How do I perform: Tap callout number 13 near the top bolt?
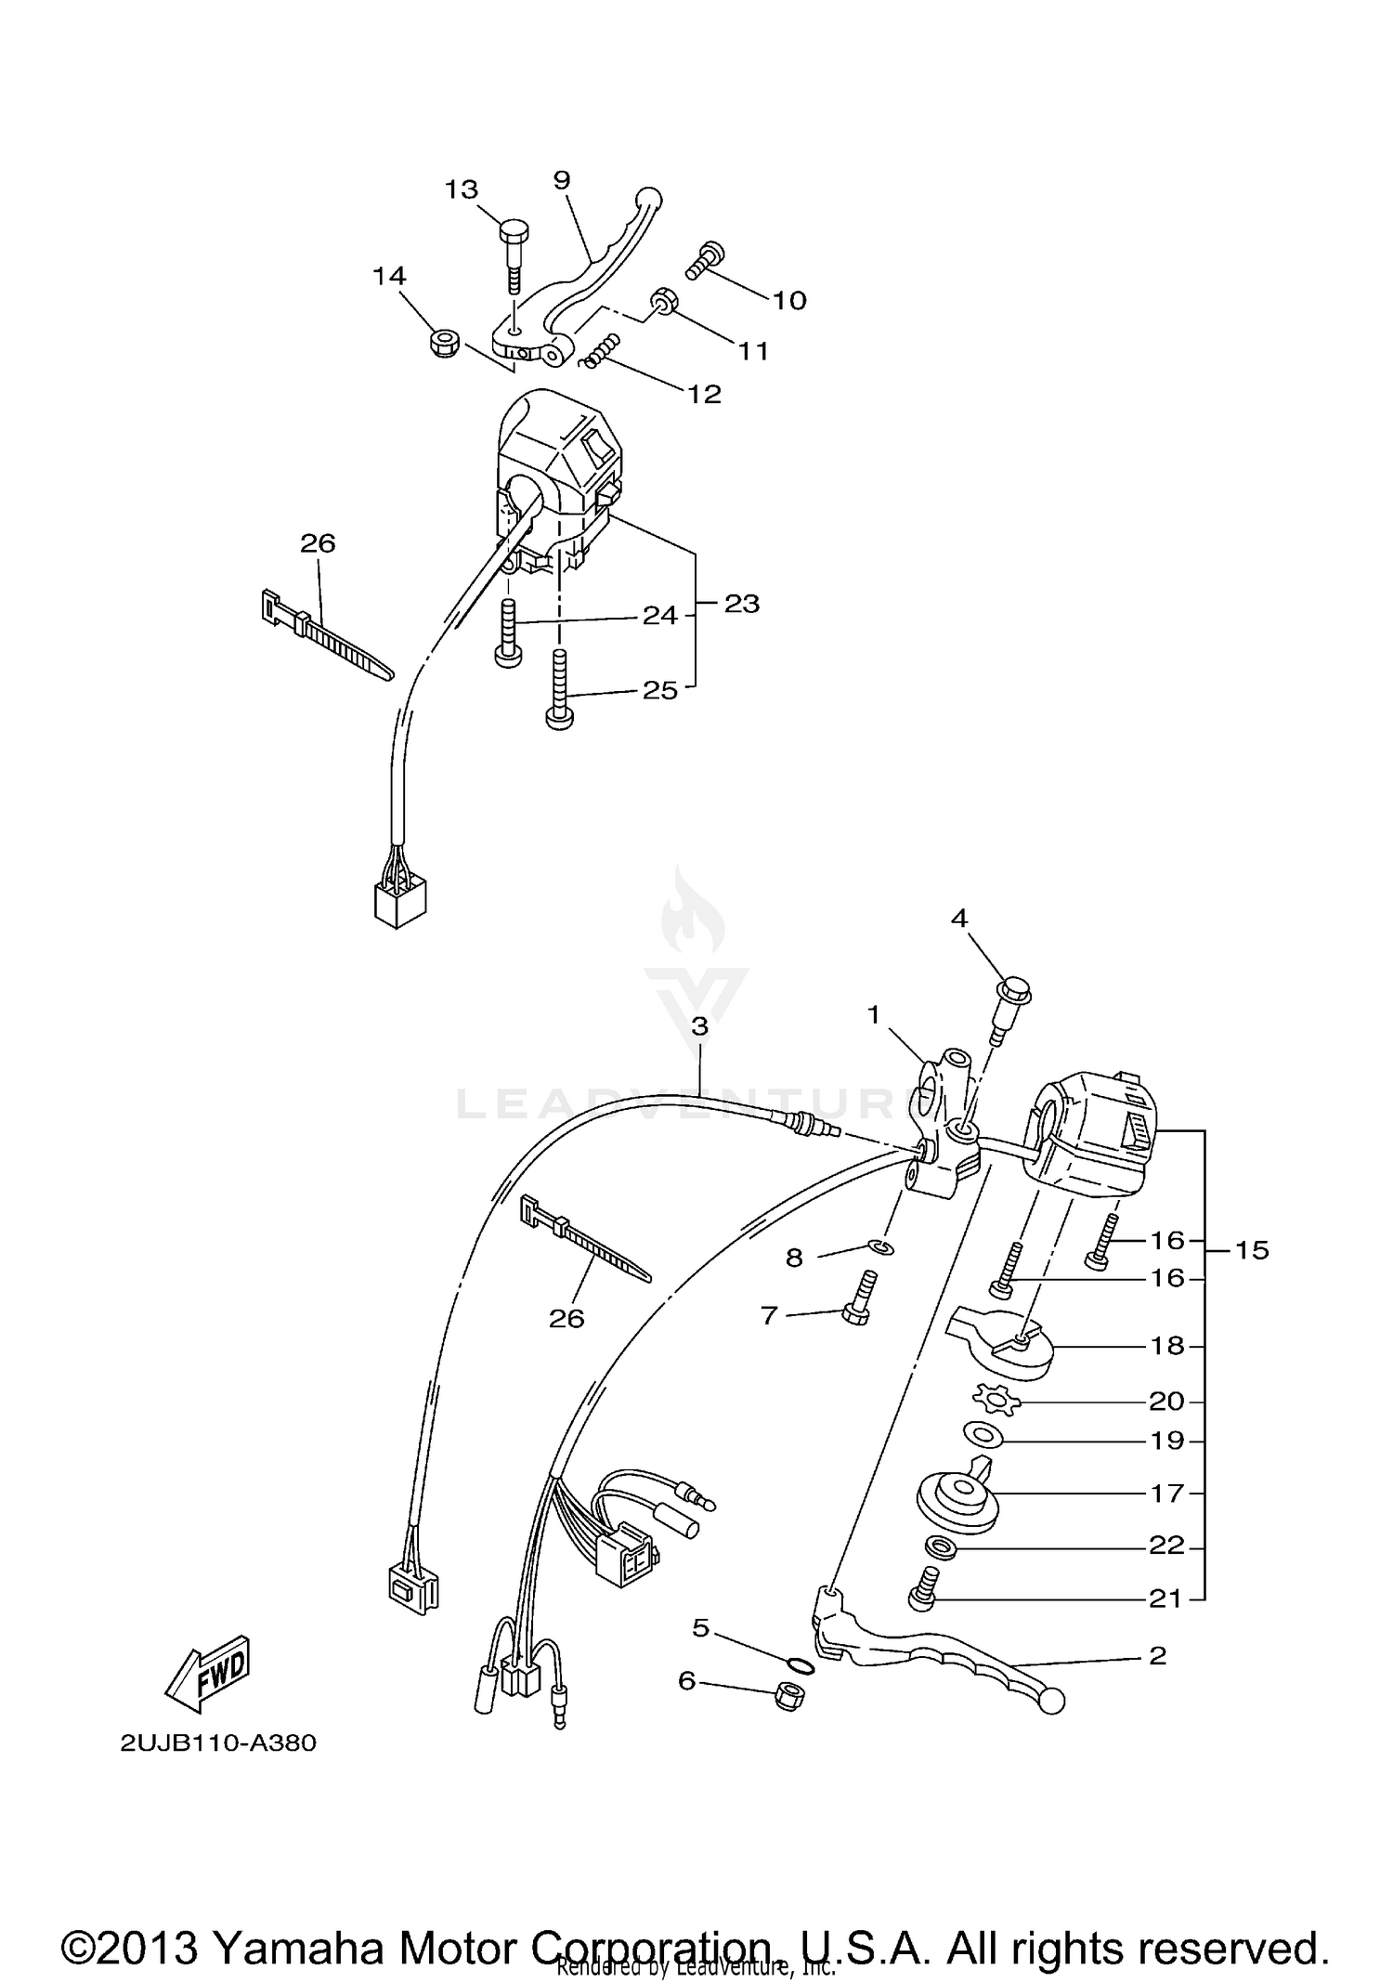pos(461,189)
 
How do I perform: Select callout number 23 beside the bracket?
pos(741,604)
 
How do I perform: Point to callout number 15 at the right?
pos(1251,1250)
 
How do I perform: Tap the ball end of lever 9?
pos(647,199)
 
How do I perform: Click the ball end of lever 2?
pos(1052,1702)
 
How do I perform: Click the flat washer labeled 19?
pos(982,1435)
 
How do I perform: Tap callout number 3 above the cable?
pos(699,1026)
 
